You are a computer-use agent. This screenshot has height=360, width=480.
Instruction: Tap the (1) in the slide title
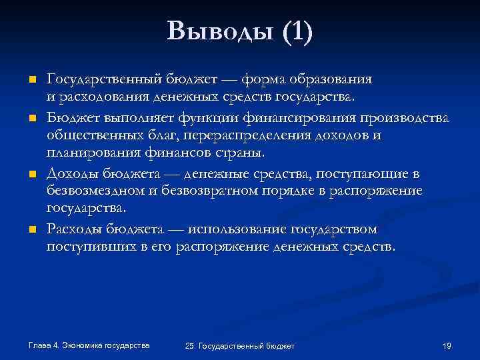(297, 31)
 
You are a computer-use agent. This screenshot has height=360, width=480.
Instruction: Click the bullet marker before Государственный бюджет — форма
(31, 80)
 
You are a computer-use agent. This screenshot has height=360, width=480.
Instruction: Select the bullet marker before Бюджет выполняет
(31, 118)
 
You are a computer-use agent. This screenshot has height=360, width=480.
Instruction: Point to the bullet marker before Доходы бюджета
(31, 174)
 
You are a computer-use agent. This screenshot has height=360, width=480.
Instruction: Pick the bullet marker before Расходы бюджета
(31, 230)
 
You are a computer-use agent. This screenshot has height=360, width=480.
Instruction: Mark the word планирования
(89, 154)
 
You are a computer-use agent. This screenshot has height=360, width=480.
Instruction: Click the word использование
(237, 230)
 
